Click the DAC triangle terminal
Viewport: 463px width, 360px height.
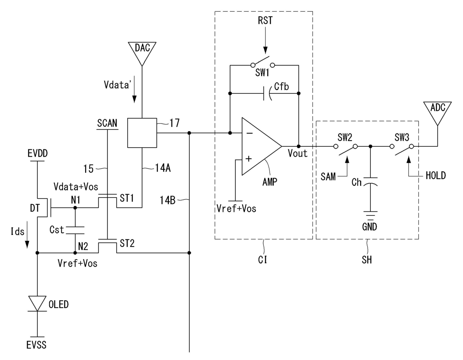click(x=142, y=51)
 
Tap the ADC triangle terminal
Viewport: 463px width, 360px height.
click(x=437, y=111)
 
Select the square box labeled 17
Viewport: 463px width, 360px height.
click(x=142, y=133)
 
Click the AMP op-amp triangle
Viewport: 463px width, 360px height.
click(x=262, y=146)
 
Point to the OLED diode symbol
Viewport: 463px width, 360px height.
click(x=37, y=304)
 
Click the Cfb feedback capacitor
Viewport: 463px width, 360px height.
click(x=268, y=93)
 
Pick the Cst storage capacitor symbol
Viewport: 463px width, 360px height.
click(x=75, y=230)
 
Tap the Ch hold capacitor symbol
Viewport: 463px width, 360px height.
click(x=370, y=181)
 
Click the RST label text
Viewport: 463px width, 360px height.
click(x=265, y=21)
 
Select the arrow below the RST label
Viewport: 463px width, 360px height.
click(x=265, y=40)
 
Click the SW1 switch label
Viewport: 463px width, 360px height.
click(x=262, y=73)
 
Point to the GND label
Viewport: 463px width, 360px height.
click(x=370, y=227)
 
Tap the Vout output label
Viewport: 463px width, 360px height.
click(x=298, y=153)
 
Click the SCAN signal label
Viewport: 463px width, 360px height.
click(x=107, y=123)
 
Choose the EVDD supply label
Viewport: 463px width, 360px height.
click(x=37, y=153)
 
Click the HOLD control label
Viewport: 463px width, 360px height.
click(x=436, y=176)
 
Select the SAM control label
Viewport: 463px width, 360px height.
click(x=328, y=177)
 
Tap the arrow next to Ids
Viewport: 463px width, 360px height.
click(x=27, y=235)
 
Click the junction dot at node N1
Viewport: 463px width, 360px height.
click(x=75, y=208)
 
